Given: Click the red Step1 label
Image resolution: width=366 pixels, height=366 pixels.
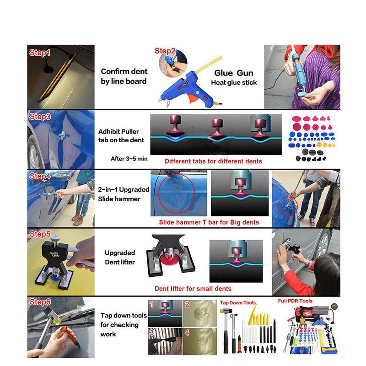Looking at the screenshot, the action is (40, 53).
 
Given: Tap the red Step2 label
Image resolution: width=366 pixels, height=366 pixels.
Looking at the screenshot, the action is (165, 51).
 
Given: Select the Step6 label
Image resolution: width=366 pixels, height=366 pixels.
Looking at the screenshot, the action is (40, 302).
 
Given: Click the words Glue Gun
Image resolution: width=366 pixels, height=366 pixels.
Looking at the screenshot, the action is (234, 73).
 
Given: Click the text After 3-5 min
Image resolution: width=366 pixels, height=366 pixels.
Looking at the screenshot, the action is (129, 159).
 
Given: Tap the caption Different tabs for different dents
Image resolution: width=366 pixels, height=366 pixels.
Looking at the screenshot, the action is (213, 161).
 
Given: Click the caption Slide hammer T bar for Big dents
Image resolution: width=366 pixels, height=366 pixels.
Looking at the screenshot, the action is (209, 222).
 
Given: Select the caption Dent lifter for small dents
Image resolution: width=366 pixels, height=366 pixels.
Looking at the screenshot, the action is (193, 289).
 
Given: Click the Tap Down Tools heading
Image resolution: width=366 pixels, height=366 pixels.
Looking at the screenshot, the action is (237, 303).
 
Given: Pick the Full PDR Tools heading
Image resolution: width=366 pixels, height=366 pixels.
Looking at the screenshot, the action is (295, 301).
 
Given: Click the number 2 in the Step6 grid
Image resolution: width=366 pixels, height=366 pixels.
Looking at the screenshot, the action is (187, 304).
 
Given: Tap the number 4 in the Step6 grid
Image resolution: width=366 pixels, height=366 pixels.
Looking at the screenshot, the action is (187, 333).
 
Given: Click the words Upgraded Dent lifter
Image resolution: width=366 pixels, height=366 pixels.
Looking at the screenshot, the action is (120, 258).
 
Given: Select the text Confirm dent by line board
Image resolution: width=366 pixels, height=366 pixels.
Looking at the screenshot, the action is (124, 76).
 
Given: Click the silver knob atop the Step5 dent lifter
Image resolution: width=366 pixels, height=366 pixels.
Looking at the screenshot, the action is (55, 238).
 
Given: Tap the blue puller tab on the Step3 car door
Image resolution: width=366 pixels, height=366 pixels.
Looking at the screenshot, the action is (63, 135).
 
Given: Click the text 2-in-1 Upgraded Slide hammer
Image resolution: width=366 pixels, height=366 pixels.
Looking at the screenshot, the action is (124, 194).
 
